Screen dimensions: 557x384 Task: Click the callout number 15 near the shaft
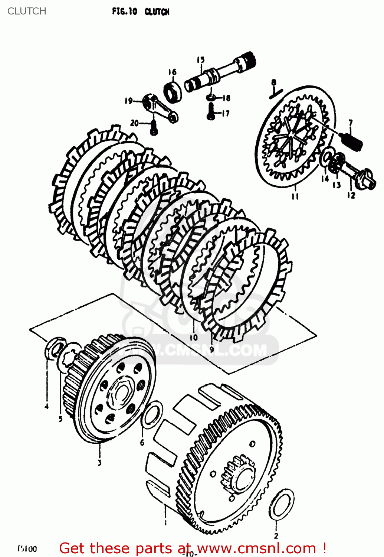tap(201, 60)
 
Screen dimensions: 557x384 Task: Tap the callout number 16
tap(172, 72)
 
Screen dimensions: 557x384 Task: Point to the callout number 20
tap(134, 123)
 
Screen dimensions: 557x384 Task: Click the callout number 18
tap(226, 98)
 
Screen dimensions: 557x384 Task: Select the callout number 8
tap(274, 82)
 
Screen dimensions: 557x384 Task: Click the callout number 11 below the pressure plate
tap(295, 196)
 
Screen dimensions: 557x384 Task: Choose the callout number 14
tap(325, 179)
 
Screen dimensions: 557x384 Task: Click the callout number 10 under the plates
tap(194, 338)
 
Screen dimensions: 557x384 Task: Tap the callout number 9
tap(211, 349)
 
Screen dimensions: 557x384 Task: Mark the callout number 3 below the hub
tap(99, 463)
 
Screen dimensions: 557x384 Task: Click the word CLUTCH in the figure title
tap(157, 12)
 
